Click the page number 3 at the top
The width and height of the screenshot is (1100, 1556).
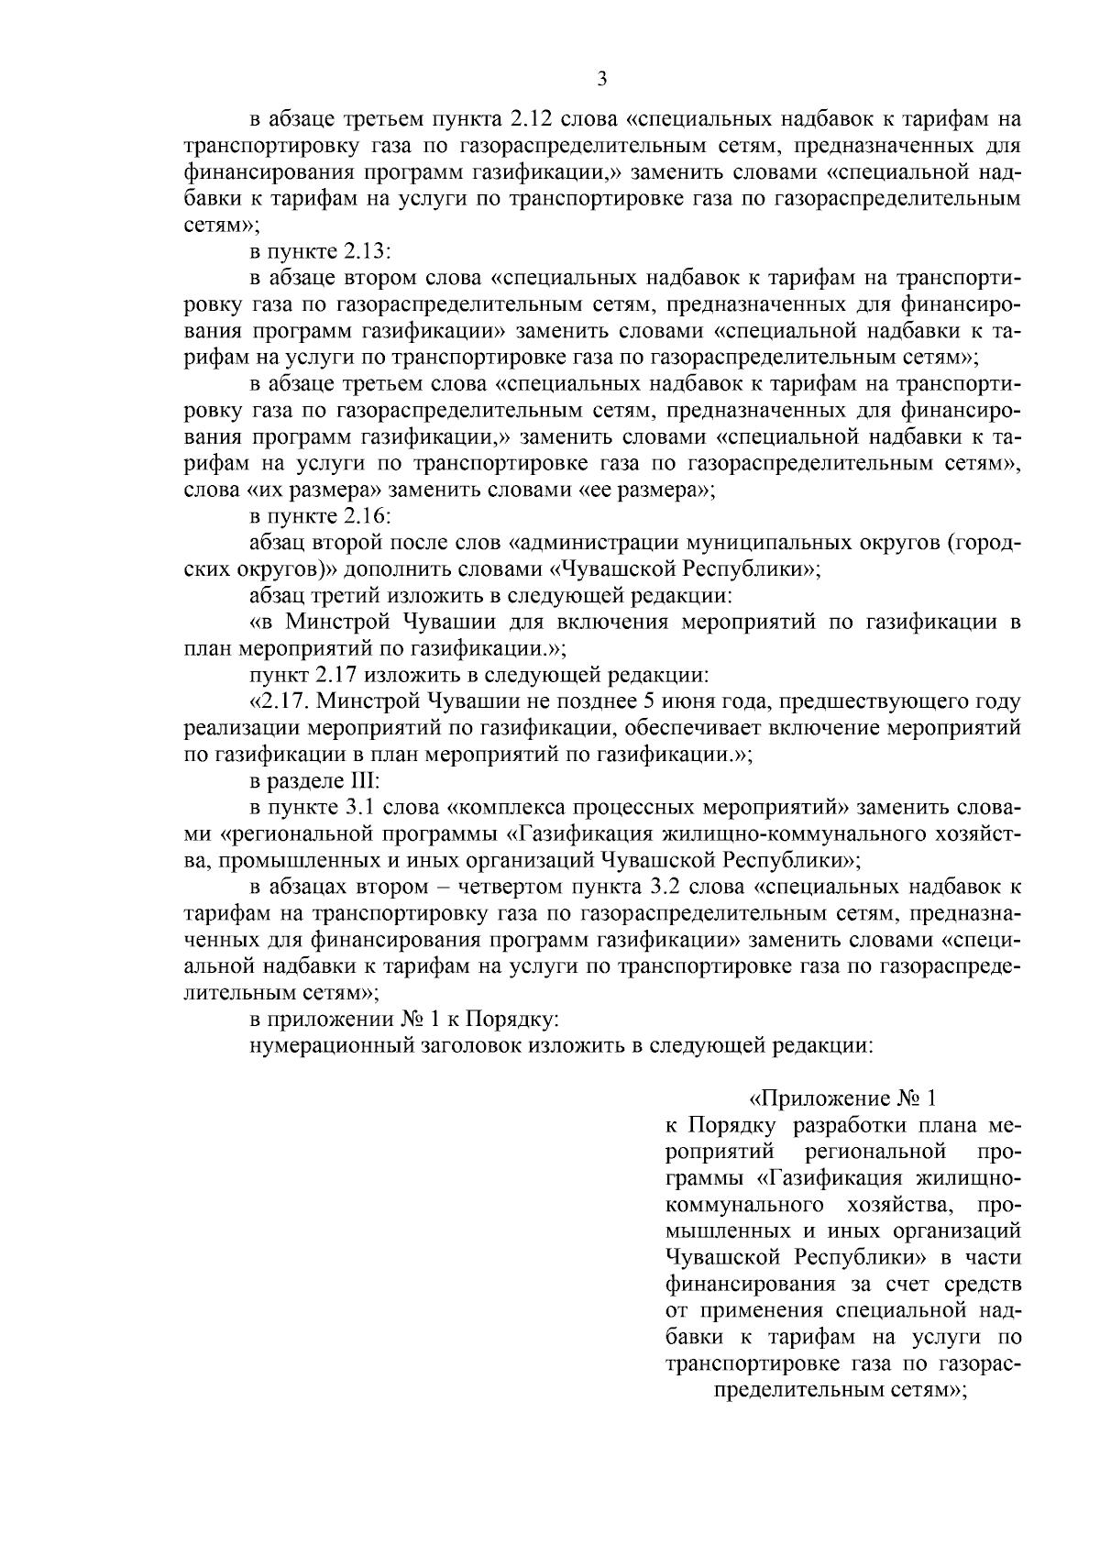click(601, 80)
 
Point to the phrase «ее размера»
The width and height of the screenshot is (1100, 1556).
click(645, 490)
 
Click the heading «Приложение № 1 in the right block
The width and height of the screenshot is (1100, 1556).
click(842, 1098)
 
